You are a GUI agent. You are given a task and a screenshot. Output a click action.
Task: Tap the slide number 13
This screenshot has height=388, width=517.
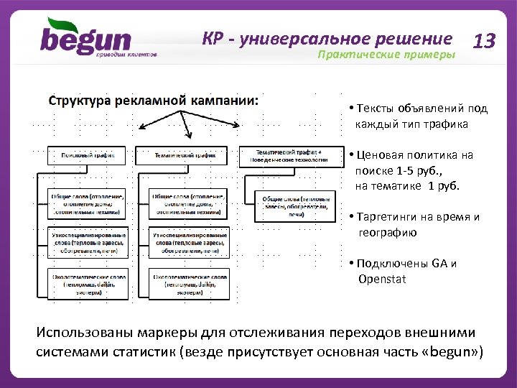(485, 41)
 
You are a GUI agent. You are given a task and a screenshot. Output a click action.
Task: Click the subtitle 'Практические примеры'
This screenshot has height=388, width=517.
(386, 55)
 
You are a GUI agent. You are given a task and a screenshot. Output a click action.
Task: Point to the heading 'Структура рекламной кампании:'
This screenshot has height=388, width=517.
(154, 100)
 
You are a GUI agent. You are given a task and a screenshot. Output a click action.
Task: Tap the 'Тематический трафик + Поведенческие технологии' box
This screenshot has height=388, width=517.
(290, 155)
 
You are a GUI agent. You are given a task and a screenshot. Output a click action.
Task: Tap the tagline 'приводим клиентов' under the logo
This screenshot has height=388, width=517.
(128, 55)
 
